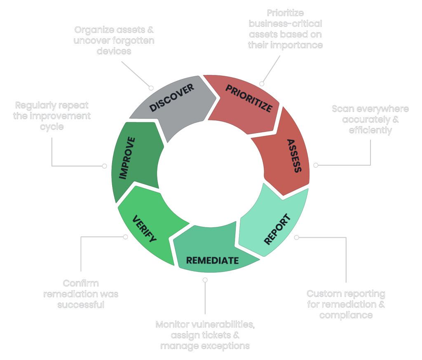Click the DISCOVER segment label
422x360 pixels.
[171, 98]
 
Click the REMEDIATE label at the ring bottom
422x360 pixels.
[212, 260]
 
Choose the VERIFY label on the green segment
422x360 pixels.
[144, 229]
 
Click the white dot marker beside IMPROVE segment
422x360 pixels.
[104, 166]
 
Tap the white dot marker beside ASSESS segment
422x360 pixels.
[316, 165]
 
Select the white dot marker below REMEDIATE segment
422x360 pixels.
[205, 280]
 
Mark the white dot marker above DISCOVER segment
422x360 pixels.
[151, 88]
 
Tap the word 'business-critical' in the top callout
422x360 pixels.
[285, 24]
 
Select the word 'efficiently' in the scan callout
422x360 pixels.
[370, 130]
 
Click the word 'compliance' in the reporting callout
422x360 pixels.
[346, 316]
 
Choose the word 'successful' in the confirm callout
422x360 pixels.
[81, 305]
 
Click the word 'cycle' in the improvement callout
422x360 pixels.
[52, 126]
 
